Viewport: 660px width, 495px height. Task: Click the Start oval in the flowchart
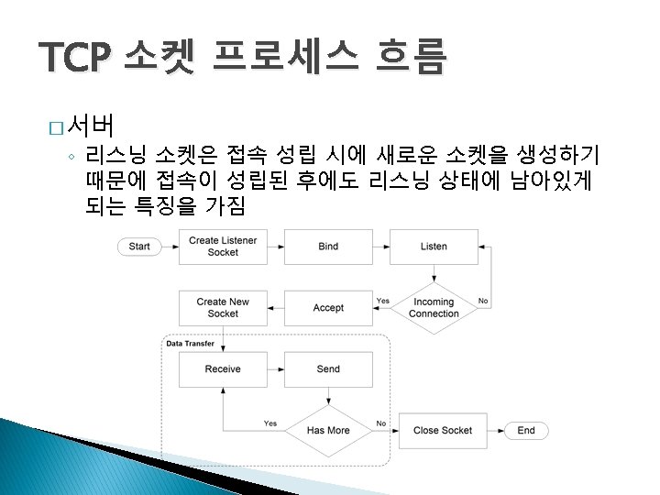139,247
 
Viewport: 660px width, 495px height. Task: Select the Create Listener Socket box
223,247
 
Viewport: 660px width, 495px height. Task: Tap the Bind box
328,247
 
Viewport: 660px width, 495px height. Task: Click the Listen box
434,247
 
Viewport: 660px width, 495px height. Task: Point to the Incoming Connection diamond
434,308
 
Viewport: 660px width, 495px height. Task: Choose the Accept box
328,308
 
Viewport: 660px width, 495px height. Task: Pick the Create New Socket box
223,308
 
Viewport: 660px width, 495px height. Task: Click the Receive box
223,369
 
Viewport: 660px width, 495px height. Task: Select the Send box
328,369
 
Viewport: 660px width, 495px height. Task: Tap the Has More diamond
328,431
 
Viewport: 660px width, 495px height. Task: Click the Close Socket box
443,431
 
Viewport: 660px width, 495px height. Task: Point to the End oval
526,431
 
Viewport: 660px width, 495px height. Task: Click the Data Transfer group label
190,344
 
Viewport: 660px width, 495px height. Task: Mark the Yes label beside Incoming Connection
382,301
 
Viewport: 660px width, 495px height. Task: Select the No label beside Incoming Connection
483,301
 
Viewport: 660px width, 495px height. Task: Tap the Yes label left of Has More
270,423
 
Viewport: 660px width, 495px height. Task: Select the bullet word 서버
90,122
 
